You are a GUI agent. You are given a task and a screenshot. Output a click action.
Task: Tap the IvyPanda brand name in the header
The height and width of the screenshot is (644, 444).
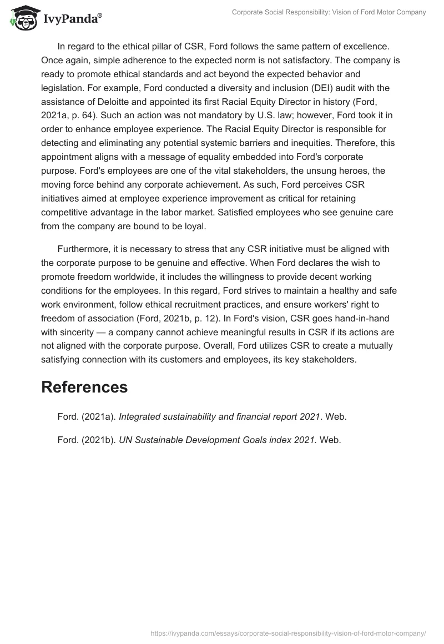72,19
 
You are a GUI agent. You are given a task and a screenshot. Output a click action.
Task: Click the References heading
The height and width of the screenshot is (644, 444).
84,387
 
